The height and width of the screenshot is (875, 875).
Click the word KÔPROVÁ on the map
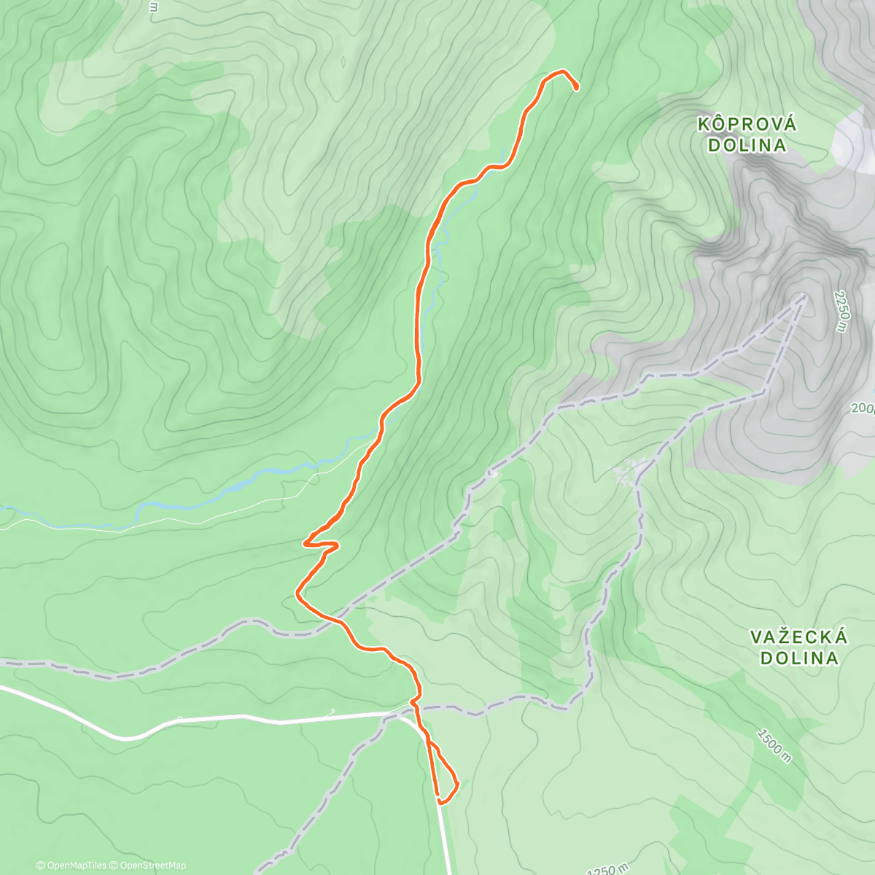click(x=747, y=125)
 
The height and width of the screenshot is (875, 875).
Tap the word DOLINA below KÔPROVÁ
click(x=747, y=145)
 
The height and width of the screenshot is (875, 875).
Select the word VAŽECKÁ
click(x=799, y=638)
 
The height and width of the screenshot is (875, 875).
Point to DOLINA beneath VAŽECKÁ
click(x=799, y=658)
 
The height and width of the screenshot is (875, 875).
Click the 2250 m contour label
click(x=841, y=311)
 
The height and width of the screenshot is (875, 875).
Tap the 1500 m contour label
click(x=774, y=744)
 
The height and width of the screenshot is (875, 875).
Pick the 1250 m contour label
click(x=607, y=869)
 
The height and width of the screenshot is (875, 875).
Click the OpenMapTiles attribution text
click(x=71, y=866)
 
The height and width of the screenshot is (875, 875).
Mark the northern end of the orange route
click(x=577, y=88)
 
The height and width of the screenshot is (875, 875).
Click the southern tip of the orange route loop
click(x=440, y=801)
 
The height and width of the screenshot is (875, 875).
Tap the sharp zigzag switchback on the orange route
click(x=321, y=543)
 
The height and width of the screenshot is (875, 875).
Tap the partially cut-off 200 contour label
click(x=862, y=408)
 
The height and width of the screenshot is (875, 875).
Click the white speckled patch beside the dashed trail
click(x=627, y=472)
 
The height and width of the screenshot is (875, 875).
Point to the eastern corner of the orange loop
click(x=458, y=785)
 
